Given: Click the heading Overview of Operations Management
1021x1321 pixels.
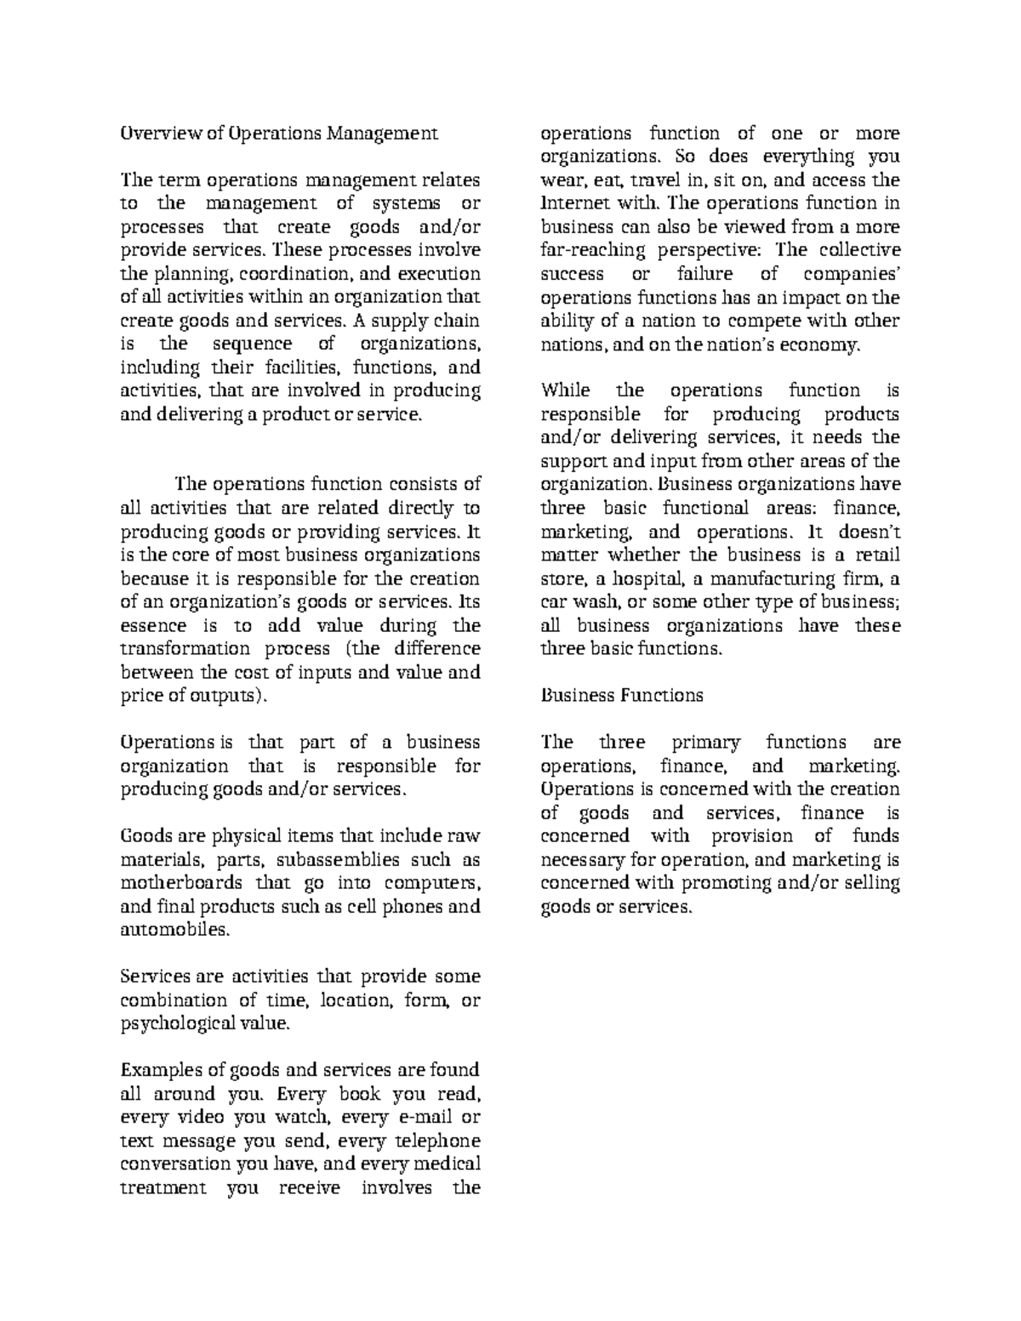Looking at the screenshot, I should coord(279,134).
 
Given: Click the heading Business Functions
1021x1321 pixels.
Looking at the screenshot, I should coord(622,696).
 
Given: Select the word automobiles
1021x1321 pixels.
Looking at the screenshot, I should coord(175,930).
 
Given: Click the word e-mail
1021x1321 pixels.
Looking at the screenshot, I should coord(419,1117).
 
